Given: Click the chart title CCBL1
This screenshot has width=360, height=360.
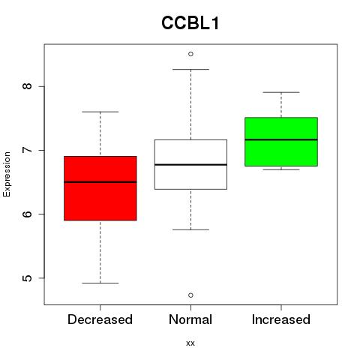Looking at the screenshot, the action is click(190, 23).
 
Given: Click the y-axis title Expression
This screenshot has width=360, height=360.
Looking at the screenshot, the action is click(7, 174).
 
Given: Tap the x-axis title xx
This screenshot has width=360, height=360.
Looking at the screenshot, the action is click(190, 343).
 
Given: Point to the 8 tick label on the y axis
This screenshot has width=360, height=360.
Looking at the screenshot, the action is click(27, 86).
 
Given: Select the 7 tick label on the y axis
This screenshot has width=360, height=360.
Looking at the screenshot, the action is click(27, 150).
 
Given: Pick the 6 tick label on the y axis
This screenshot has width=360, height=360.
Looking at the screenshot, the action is click(27, 214).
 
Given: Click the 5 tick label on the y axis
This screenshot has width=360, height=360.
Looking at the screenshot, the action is click(27, 278).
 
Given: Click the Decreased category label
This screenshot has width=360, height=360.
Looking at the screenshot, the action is click(100, 319).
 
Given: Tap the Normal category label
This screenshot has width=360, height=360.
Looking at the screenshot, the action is click(190, 319).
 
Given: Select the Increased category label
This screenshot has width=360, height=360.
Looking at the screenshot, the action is click(281, 319).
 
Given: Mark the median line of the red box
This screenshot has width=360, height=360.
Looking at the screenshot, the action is click(100, 182).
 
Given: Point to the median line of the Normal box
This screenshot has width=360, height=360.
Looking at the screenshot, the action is click(190, 165).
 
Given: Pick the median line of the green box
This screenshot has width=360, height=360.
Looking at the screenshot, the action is click(281, 139).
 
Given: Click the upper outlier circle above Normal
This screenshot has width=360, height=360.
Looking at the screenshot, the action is click(190, 54).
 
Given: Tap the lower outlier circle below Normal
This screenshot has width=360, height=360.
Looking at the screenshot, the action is click(190, 295).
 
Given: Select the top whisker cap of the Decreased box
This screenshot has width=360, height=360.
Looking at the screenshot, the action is click(100, 112).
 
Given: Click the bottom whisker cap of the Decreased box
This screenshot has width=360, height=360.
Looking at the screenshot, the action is click(100, 283).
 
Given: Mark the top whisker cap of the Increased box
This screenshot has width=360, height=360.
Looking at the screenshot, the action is click(281, 92).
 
